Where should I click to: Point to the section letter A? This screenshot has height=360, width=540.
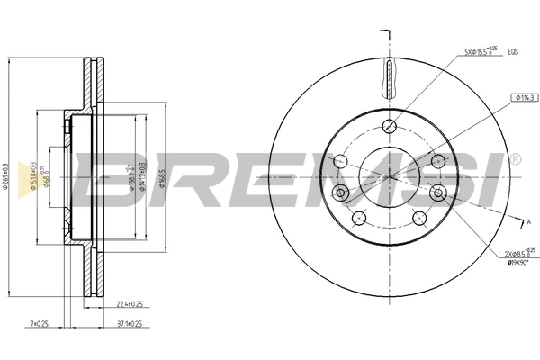(527, 221)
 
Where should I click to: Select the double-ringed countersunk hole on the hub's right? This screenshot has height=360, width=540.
(437, 192)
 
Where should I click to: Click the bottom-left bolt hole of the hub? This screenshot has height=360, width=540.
(357, 217)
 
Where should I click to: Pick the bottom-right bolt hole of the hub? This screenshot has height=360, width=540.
(418, 217)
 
